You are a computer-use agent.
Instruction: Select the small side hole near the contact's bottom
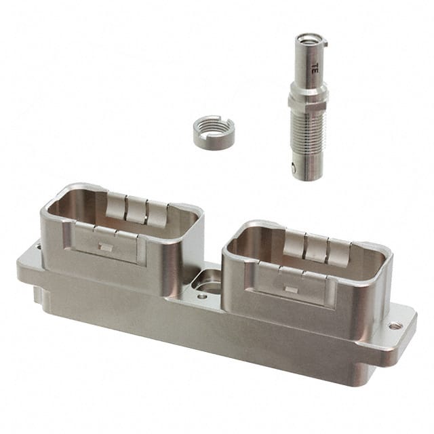(294, 167)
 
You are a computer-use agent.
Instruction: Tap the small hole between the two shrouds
(202, 297)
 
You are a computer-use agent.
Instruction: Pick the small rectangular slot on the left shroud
(106, 247)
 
